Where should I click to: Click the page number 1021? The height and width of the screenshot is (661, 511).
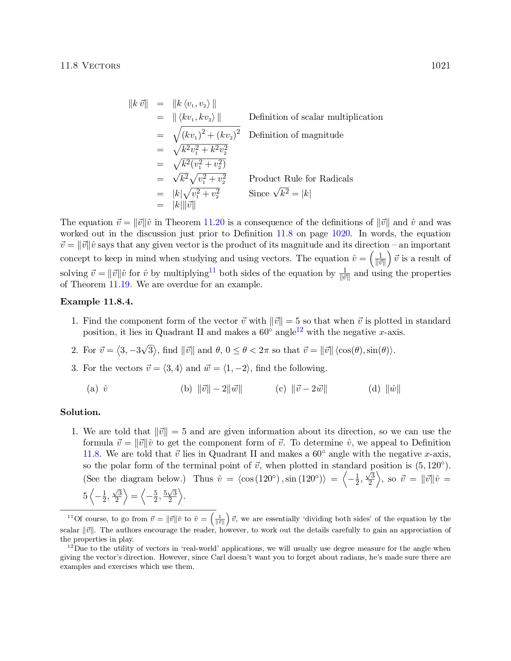pos(440,66)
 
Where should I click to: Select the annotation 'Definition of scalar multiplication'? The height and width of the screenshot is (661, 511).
pos(315,117)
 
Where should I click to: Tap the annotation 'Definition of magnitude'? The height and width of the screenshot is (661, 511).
pos(296,135)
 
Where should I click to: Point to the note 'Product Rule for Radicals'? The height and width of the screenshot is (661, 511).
pos(301,179)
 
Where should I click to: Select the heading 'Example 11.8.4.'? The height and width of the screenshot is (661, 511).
pos(96,302)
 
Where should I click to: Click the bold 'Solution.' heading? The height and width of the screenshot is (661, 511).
pos(80,412)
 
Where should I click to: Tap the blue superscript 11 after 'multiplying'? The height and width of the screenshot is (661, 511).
pos(212,270)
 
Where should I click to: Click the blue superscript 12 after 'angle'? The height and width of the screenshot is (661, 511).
pos(299,330)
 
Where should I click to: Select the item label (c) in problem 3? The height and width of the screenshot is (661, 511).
pos(281,389)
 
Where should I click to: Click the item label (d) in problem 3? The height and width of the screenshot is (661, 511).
pos(374,389)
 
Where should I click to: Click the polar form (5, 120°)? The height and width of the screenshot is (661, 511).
pos(430,466)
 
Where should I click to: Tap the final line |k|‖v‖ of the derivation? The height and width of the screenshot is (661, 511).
pos(184,206)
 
